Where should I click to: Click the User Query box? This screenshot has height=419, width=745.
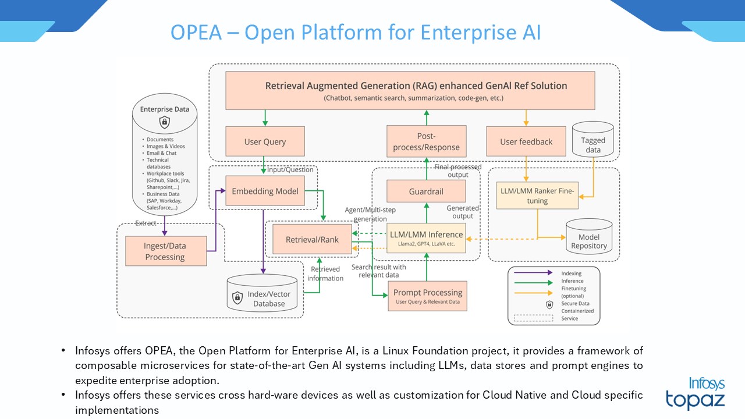point(265,141)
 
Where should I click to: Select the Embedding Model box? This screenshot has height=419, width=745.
point(265,191)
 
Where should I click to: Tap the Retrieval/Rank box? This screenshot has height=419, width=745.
point(312,239)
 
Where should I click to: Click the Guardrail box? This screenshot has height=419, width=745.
point(426,191)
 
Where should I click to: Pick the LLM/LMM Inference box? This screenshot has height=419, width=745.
point(426,238)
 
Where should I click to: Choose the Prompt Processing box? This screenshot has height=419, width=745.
point(427,296)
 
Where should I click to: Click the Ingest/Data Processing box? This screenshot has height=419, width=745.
point(166,251)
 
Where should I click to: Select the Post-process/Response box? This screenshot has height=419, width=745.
point(426,141)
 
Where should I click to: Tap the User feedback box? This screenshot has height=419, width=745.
point(526,141)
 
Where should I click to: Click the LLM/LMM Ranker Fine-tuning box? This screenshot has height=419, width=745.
point(537,196)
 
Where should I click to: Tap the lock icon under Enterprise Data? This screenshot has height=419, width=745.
point(165,122)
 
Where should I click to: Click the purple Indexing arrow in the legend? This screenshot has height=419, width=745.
point(533,273)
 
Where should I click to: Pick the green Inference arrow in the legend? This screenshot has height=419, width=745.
point(533,281)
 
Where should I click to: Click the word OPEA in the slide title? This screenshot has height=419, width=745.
point(196,33)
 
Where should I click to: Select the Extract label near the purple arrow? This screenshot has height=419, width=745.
point(146,223)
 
